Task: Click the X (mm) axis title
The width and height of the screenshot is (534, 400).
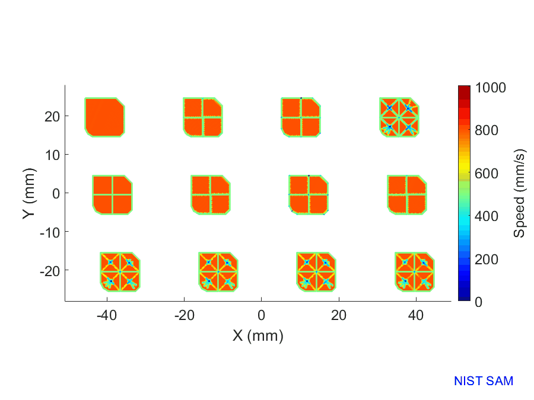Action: [258, 336]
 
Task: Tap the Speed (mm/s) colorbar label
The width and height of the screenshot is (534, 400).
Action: [519, 194]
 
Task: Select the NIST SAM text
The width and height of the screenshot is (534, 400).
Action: [484, 381]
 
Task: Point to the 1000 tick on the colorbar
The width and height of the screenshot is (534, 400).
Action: [490, 88]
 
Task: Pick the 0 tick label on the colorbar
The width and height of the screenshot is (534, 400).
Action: [478, 302]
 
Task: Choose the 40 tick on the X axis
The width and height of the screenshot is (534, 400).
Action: [416, 314]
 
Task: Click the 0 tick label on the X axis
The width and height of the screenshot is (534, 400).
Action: [261, 314]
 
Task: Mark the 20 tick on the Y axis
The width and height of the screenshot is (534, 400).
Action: [52, 116]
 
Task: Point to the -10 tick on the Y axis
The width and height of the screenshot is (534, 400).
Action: [49, 232]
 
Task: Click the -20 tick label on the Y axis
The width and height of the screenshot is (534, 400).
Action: [49, 270]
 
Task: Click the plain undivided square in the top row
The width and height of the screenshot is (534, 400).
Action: [105, 117]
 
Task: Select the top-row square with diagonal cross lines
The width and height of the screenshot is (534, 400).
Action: [399, 117]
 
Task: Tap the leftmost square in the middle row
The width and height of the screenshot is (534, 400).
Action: [112, 194]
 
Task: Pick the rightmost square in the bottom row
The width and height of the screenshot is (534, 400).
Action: [415, 271]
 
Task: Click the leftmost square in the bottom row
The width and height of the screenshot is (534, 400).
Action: [120, 271]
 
